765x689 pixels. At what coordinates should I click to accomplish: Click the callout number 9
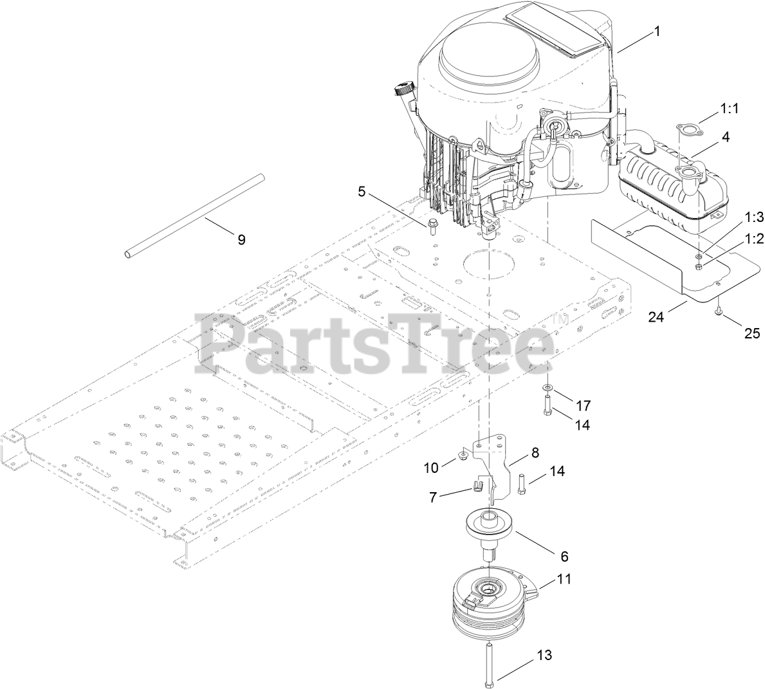tap(241, 240)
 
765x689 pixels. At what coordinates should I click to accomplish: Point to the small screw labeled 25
tap(718, 312)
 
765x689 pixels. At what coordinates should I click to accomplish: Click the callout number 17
tap(583, 405)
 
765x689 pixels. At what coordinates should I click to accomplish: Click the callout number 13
tap(544, 656)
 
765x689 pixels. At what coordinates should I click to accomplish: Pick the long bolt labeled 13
tap(490, 663)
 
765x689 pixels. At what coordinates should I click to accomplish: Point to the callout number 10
tap(431, 468)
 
